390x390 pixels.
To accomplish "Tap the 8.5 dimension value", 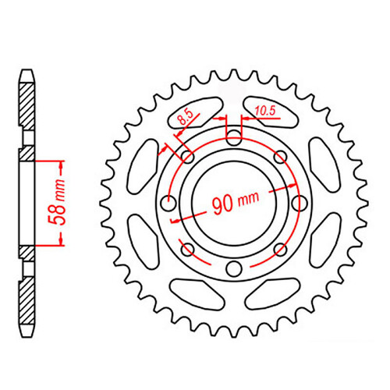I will tap(185, 118).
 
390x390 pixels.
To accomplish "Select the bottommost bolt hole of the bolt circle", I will tap(233, 269).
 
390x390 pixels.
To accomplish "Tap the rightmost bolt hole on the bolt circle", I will tap(299, 204).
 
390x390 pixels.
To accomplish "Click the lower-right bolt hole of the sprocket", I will tap(279, 250).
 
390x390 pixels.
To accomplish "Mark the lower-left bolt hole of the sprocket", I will tap(187, 250).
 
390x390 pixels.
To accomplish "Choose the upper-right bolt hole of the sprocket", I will tap(279, 158).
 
